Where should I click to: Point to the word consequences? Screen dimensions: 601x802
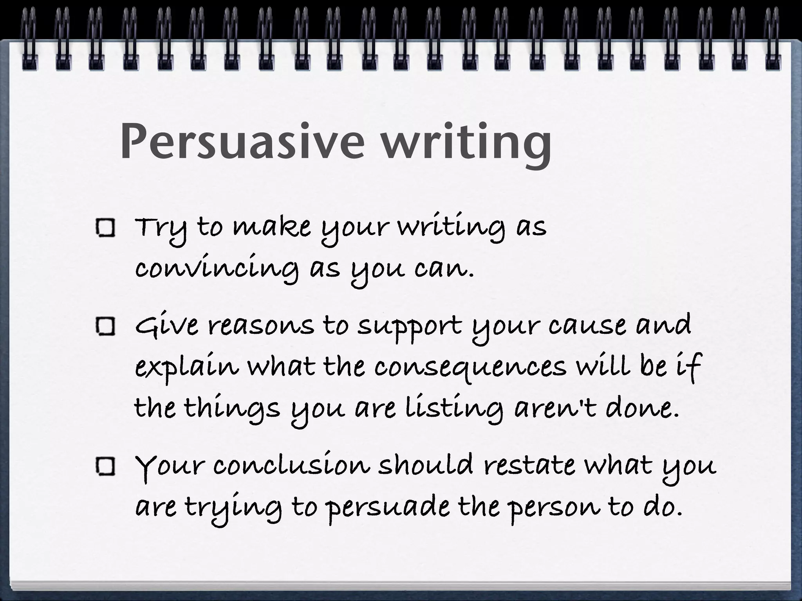(470, 368)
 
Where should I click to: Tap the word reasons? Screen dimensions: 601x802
(260, 326)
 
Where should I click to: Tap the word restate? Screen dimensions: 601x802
(529, 466)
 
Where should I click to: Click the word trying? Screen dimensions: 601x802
(233, 508)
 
